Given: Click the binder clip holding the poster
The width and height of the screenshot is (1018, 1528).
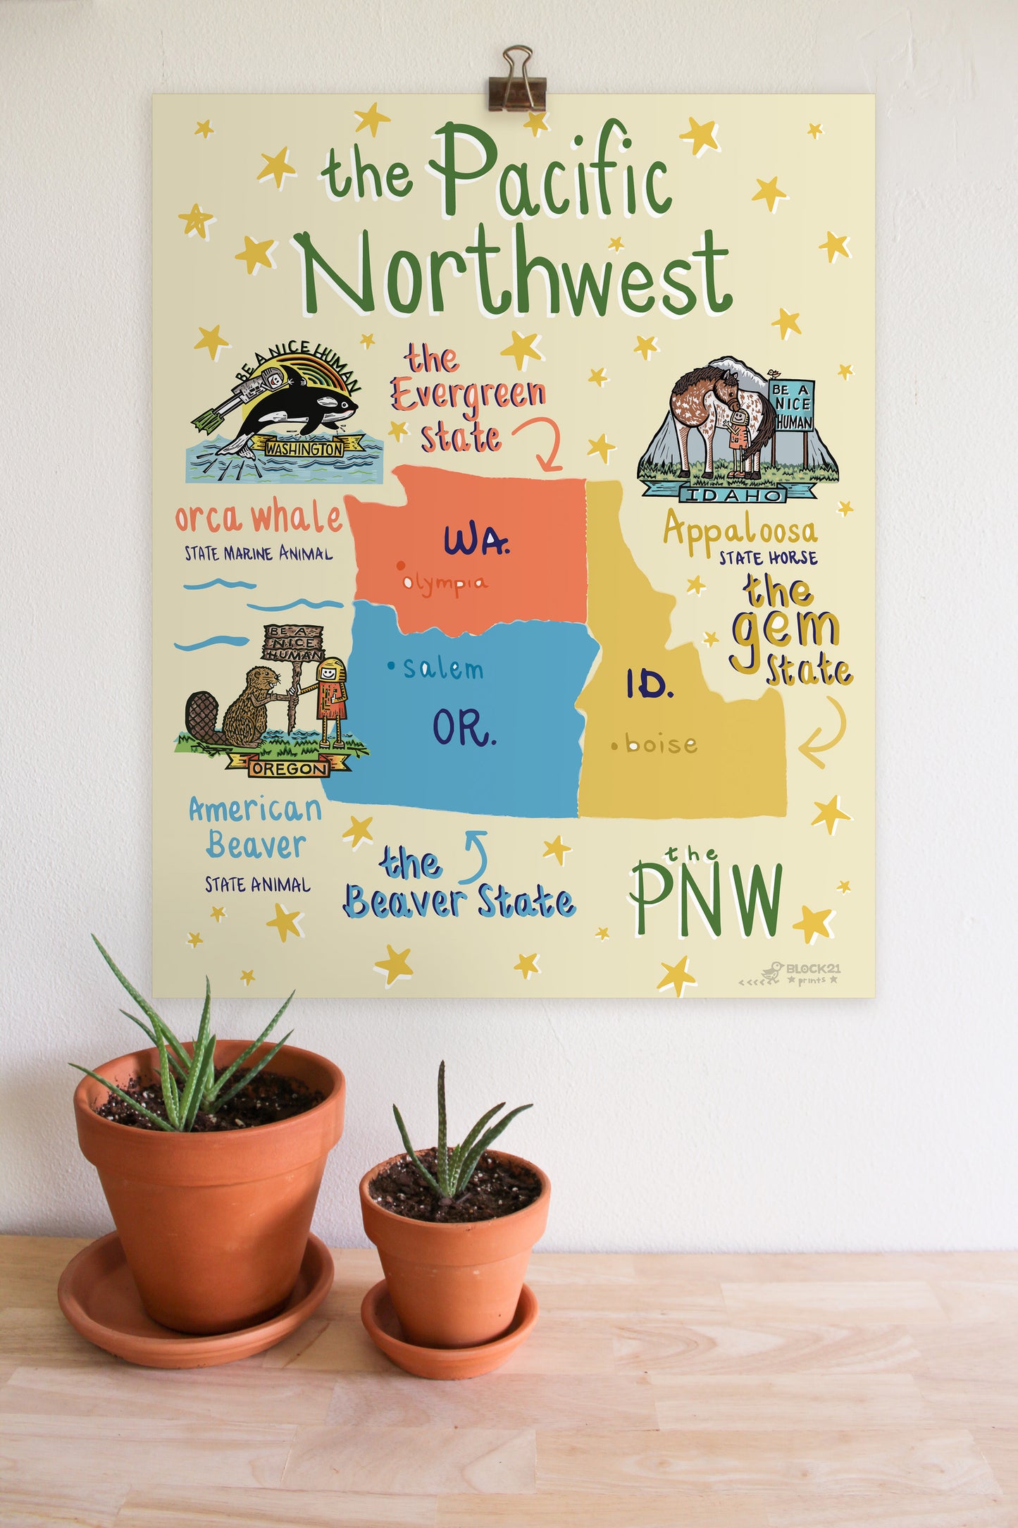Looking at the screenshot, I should click(x=517, y=80).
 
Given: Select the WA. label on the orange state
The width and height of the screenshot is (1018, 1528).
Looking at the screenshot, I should click(x=476, y=541).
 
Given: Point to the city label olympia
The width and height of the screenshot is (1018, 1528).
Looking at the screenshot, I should click(x=445, y=583).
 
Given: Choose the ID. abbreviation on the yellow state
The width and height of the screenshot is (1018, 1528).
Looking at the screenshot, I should click(x=650, y=684).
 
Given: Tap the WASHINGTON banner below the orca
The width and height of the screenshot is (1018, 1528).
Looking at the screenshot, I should click(x=304, y=448).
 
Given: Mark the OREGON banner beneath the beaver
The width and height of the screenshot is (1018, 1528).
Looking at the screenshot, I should click(x=289, y=768).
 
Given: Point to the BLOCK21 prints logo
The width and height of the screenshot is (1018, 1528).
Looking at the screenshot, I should click(x=803, y=973).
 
